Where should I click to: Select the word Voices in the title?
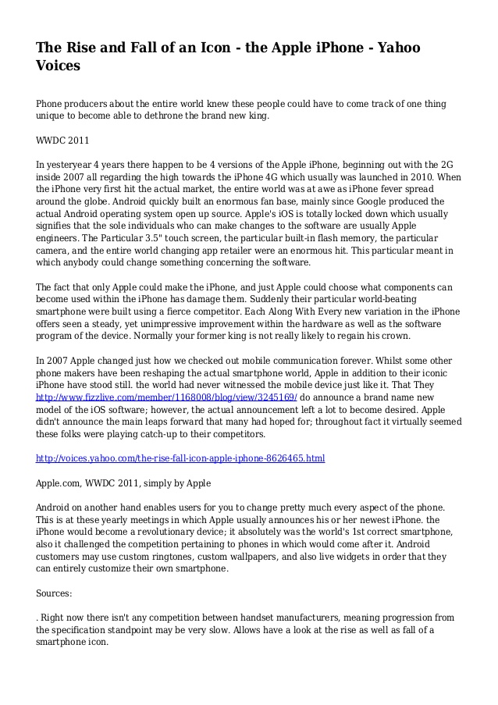(59, 66)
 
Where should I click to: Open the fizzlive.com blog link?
(167, 397)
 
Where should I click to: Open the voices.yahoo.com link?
(180, 458)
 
